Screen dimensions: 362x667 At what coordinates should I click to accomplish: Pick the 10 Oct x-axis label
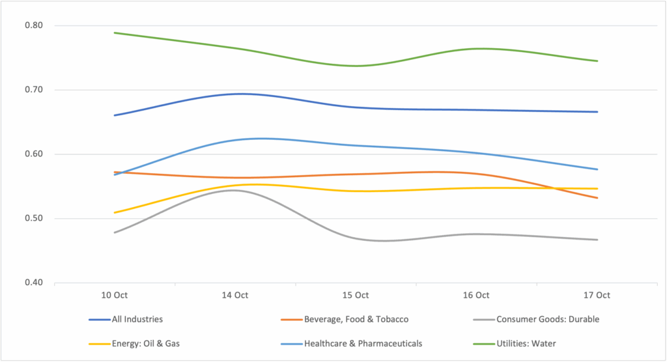[115, 295]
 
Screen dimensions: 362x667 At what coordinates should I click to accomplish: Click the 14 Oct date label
[235, 295]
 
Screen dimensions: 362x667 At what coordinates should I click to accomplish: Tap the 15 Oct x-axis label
[356, 295]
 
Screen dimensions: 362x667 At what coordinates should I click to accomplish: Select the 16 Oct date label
[476, 295]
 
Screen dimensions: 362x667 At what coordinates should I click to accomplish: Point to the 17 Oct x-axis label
[597, 295]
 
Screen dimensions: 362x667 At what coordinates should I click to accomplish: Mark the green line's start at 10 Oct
[115, 33]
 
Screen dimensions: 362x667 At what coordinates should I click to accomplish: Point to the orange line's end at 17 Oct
[597, 198]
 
